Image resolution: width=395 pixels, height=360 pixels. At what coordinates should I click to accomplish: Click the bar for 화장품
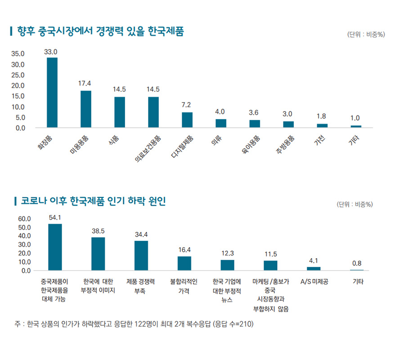52,93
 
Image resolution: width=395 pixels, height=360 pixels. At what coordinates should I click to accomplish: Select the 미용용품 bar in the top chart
86,109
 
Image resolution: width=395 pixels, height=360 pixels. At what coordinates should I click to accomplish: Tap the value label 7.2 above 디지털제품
187,105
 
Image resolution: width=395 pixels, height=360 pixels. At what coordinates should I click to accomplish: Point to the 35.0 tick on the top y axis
18,54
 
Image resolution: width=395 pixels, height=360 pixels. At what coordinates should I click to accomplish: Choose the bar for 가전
322,126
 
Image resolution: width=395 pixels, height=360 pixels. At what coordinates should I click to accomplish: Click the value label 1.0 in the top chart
355,118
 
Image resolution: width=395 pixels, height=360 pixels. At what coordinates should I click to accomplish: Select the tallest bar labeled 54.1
55,247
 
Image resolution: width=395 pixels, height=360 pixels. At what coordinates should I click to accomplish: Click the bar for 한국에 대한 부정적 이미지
98,254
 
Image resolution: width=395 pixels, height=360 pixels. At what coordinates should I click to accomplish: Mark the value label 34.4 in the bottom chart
141,234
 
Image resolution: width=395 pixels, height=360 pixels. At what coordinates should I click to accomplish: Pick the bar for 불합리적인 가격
184,263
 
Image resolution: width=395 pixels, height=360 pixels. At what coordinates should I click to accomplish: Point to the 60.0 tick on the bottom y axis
24,219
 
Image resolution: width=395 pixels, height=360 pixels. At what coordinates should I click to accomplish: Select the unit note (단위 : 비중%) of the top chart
366,35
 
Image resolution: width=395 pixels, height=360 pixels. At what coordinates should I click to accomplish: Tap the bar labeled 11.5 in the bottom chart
270,265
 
